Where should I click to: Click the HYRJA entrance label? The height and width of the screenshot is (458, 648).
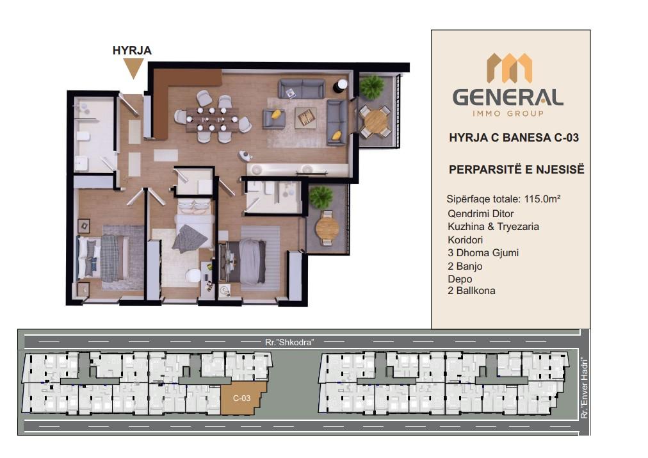(x=132, y=51)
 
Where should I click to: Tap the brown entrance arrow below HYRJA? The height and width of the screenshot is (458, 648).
(x=133, y=68)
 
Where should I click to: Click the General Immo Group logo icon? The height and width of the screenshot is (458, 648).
(x=508, y=68)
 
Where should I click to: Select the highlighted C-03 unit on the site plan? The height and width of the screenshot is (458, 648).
(x=243, y=398)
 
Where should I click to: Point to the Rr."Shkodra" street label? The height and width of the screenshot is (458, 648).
(x=289, y=342)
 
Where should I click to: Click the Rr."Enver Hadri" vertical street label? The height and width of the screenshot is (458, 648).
(x=584, y=388)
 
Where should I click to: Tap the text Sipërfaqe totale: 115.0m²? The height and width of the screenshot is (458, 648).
(x=503, y=199)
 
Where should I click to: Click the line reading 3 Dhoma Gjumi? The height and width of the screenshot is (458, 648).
(x=483, y=252)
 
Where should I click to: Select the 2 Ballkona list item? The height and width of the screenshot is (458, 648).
(x=471, y=291)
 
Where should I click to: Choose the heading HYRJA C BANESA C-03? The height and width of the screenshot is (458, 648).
(x=514, y=138)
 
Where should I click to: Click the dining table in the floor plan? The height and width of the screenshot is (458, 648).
(x=212, y=119)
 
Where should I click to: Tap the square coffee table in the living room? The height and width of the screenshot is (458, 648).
(x=306, y=117)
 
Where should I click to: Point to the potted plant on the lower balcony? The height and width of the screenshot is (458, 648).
(x=321, y=197)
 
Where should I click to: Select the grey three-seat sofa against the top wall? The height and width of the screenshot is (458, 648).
(x=302, y=89)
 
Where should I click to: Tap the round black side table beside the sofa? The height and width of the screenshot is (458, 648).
(x=341, y=86)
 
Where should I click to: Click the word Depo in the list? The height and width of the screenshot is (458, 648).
(x=460, y=279)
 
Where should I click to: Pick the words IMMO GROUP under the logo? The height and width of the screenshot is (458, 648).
(x=508, y=113)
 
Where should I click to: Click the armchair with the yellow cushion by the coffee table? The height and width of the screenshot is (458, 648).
(x=274, y=119)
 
